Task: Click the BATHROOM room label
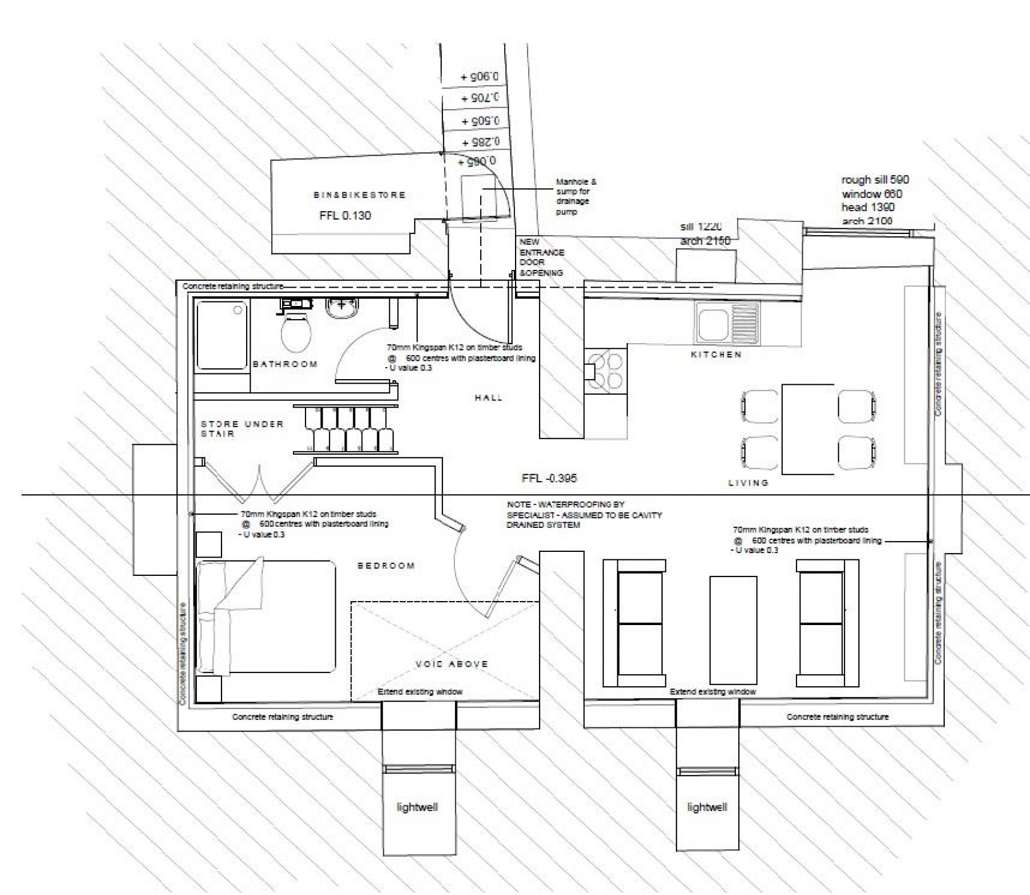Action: tap(285, 364)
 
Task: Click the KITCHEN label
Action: tap(716, 355)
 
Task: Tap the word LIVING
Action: tap(748, 483)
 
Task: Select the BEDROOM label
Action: tap(386, 566)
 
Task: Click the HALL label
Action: tap(488, 397)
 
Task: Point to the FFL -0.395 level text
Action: tap(549, 478)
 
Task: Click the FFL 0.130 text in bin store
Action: tap(345, 216)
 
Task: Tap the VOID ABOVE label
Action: tap(452, 664)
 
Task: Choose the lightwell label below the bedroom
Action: tap(417, 808)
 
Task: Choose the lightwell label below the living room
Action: tap(707, 808)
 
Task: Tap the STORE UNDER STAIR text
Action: tap(241, 428)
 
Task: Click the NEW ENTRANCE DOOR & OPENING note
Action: tap(541, 257)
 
